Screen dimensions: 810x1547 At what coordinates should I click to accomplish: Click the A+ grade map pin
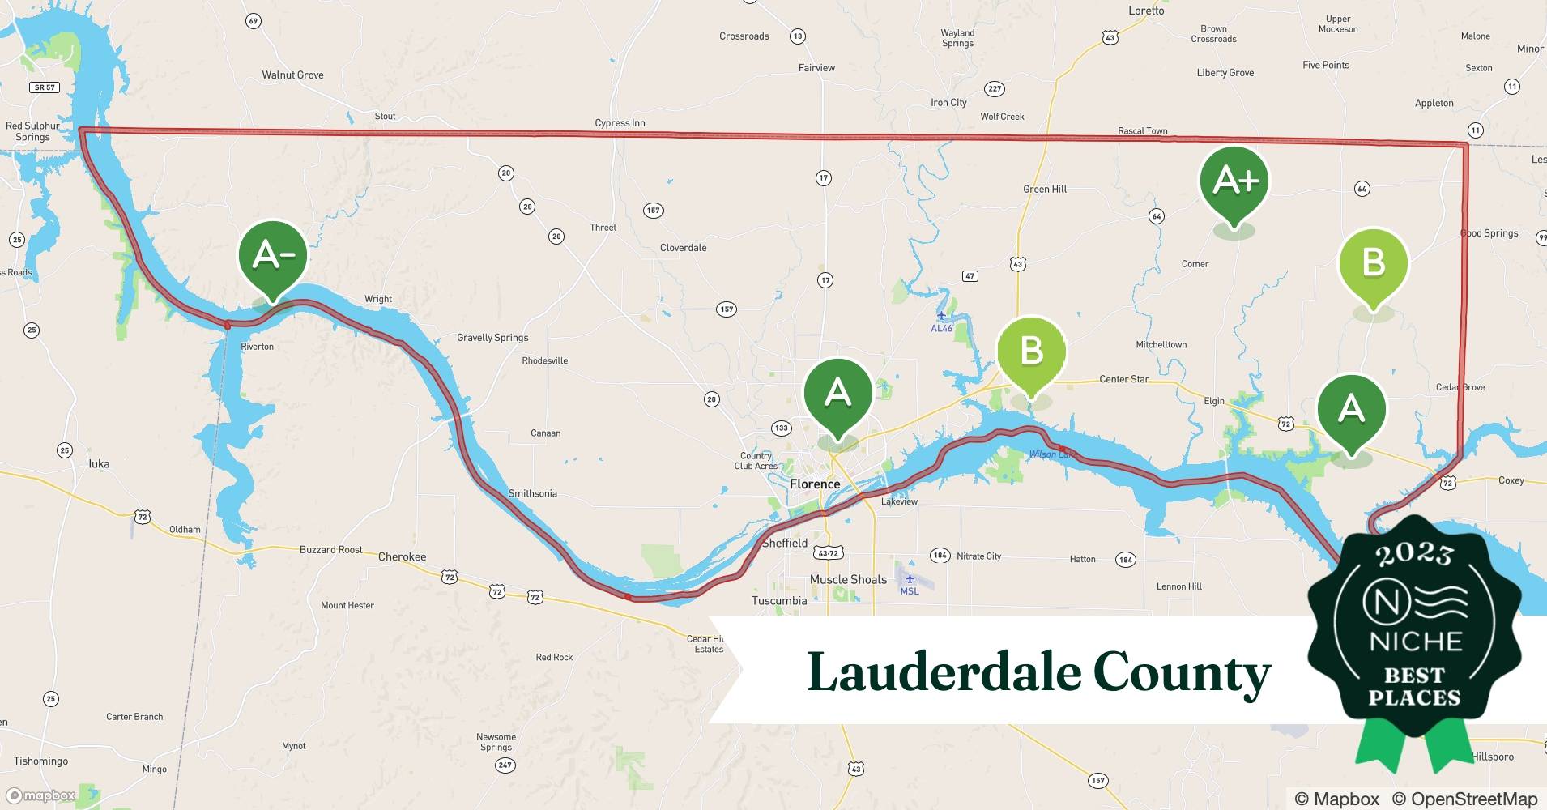pos(1234,181)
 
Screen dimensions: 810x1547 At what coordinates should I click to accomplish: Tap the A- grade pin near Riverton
pos(273,256)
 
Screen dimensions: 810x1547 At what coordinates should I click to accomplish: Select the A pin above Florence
pos(837,394)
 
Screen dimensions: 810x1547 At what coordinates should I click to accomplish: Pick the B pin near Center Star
pos(1031,352)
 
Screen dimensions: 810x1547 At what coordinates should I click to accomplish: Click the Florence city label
pos(815,484)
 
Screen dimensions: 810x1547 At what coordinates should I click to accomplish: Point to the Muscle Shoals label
pos(848,580)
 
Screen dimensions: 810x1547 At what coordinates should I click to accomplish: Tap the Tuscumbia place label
pos(779,601)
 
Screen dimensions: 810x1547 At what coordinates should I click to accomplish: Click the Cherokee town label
pos(402,557)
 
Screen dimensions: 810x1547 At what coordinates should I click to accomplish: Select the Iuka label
pos(99,464)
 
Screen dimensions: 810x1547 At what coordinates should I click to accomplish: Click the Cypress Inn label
pos(620,123)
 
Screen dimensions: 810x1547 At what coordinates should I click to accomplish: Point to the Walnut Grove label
pos(292,75)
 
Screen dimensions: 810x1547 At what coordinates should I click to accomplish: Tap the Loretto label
pos(1146,11)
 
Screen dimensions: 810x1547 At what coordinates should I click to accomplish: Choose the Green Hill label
pos(1045,190)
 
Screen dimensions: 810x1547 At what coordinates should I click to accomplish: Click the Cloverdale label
pos(683,248)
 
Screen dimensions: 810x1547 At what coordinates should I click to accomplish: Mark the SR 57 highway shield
pos(45,87)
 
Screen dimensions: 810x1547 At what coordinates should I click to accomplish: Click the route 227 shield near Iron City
pos(995,88)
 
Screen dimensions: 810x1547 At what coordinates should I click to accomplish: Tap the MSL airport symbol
pos(910,580)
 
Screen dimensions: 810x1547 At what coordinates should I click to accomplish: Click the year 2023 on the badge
pos(1414,555)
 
